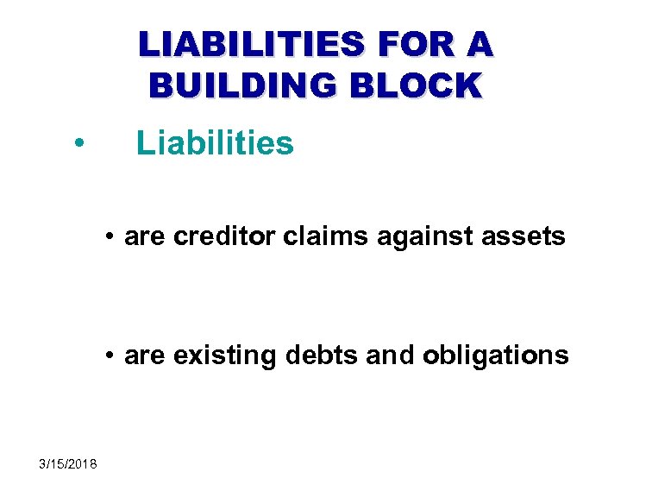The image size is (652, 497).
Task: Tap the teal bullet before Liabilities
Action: tap(78, 143)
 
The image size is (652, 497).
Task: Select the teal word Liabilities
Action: tap(215, 143)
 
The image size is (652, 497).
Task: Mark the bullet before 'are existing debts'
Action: tap(111, 355)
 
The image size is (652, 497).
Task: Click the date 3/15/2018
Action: tap(68, 464)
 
